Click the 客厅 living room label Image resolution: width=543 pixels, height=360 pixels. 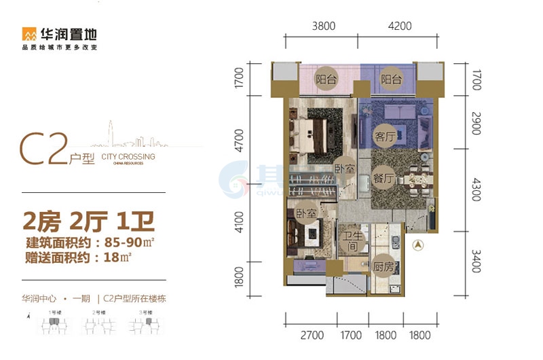[384, 136]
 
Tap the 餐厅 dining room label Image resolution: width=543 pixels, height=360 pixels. [383, 179]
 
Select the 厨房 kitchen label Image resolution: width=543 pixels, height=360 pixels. [383, 266]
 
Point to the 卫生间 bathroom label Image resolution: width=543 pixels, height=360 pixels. [350, 241]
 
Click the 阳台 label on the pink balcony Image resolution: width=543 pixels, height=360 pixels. [326, 79]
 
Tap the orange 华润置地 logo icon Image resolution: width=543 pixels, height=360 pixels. [30, 33]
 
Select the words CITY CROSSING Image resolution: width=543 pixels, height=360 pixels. [128, 157]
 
